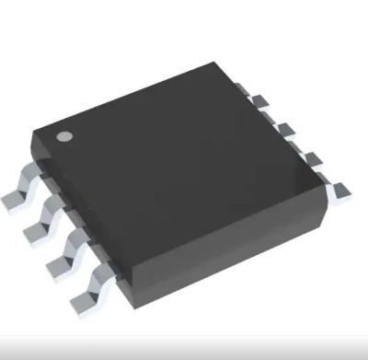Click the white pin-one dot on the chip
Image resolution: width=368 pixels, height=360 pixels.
tap(64, 138)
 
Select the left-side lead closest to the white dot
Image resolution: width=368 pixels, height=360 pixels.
tap(20, 192)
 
